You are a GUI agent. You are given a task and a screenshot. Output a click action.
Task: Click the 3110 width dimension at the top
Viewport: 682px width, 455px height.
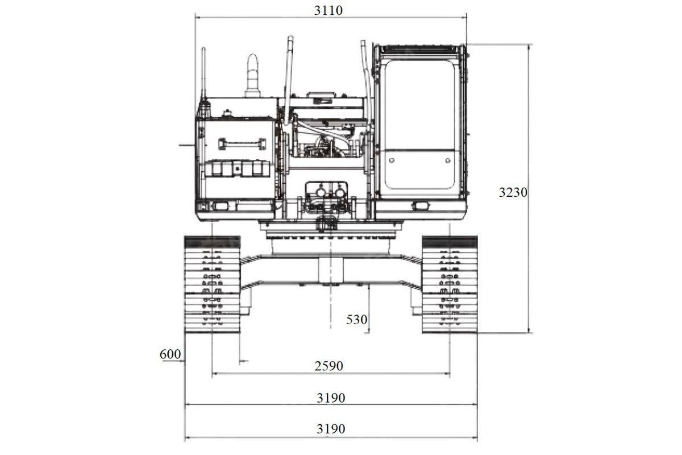click(328, 11)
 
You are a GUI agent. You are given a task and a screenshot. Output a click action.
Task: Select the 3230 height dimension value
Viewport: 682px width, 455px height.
click(513, 192)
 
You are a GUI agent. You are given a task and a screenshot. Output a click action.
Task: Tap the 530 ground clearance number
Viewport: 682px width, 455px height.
click(356, 320)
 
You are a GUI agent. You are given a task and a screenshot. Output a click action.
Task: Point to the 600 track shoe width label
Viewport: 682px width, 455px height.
click(170, 354)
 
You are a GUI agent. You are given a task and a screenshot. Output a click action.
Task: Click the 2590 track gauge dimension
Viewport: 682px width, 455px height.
click(329, 366)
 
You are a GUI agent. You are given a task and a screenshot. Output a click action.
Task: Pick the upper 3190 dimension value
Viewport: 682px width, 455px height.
click(331, 398)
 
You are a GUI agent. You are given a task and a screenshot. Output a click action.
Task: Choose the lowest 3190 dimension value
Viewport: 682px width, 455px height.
click(331, 429)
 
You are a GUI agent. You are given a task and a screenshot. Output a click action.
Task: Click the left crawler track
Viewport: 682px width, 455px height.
click(212, 284)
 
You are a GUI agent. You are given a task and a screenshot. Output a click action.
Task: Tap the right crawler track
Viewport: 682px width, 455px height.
click(450, 284)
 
